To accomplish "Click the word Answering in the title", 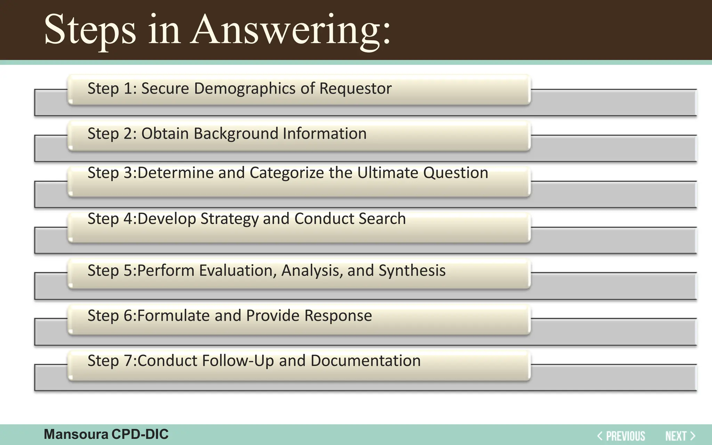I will click(x=291, y=31).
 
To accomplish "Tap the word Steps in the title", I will click(x=90, y=31).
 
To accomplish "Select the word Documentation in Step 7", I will click(x=365, y=361).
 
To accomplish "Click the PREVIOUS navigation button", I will click(x=621, y=436).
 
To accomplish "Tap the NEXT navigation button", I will click(x=680, y=436).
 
